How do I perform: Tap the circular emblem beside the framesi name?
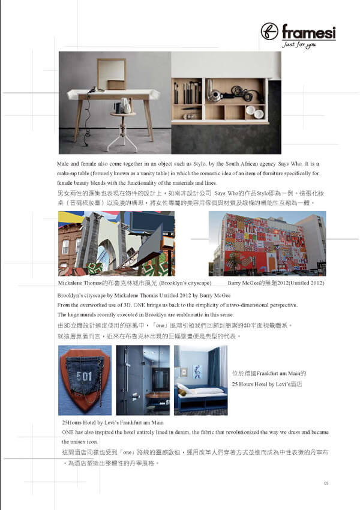(270, 32)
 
